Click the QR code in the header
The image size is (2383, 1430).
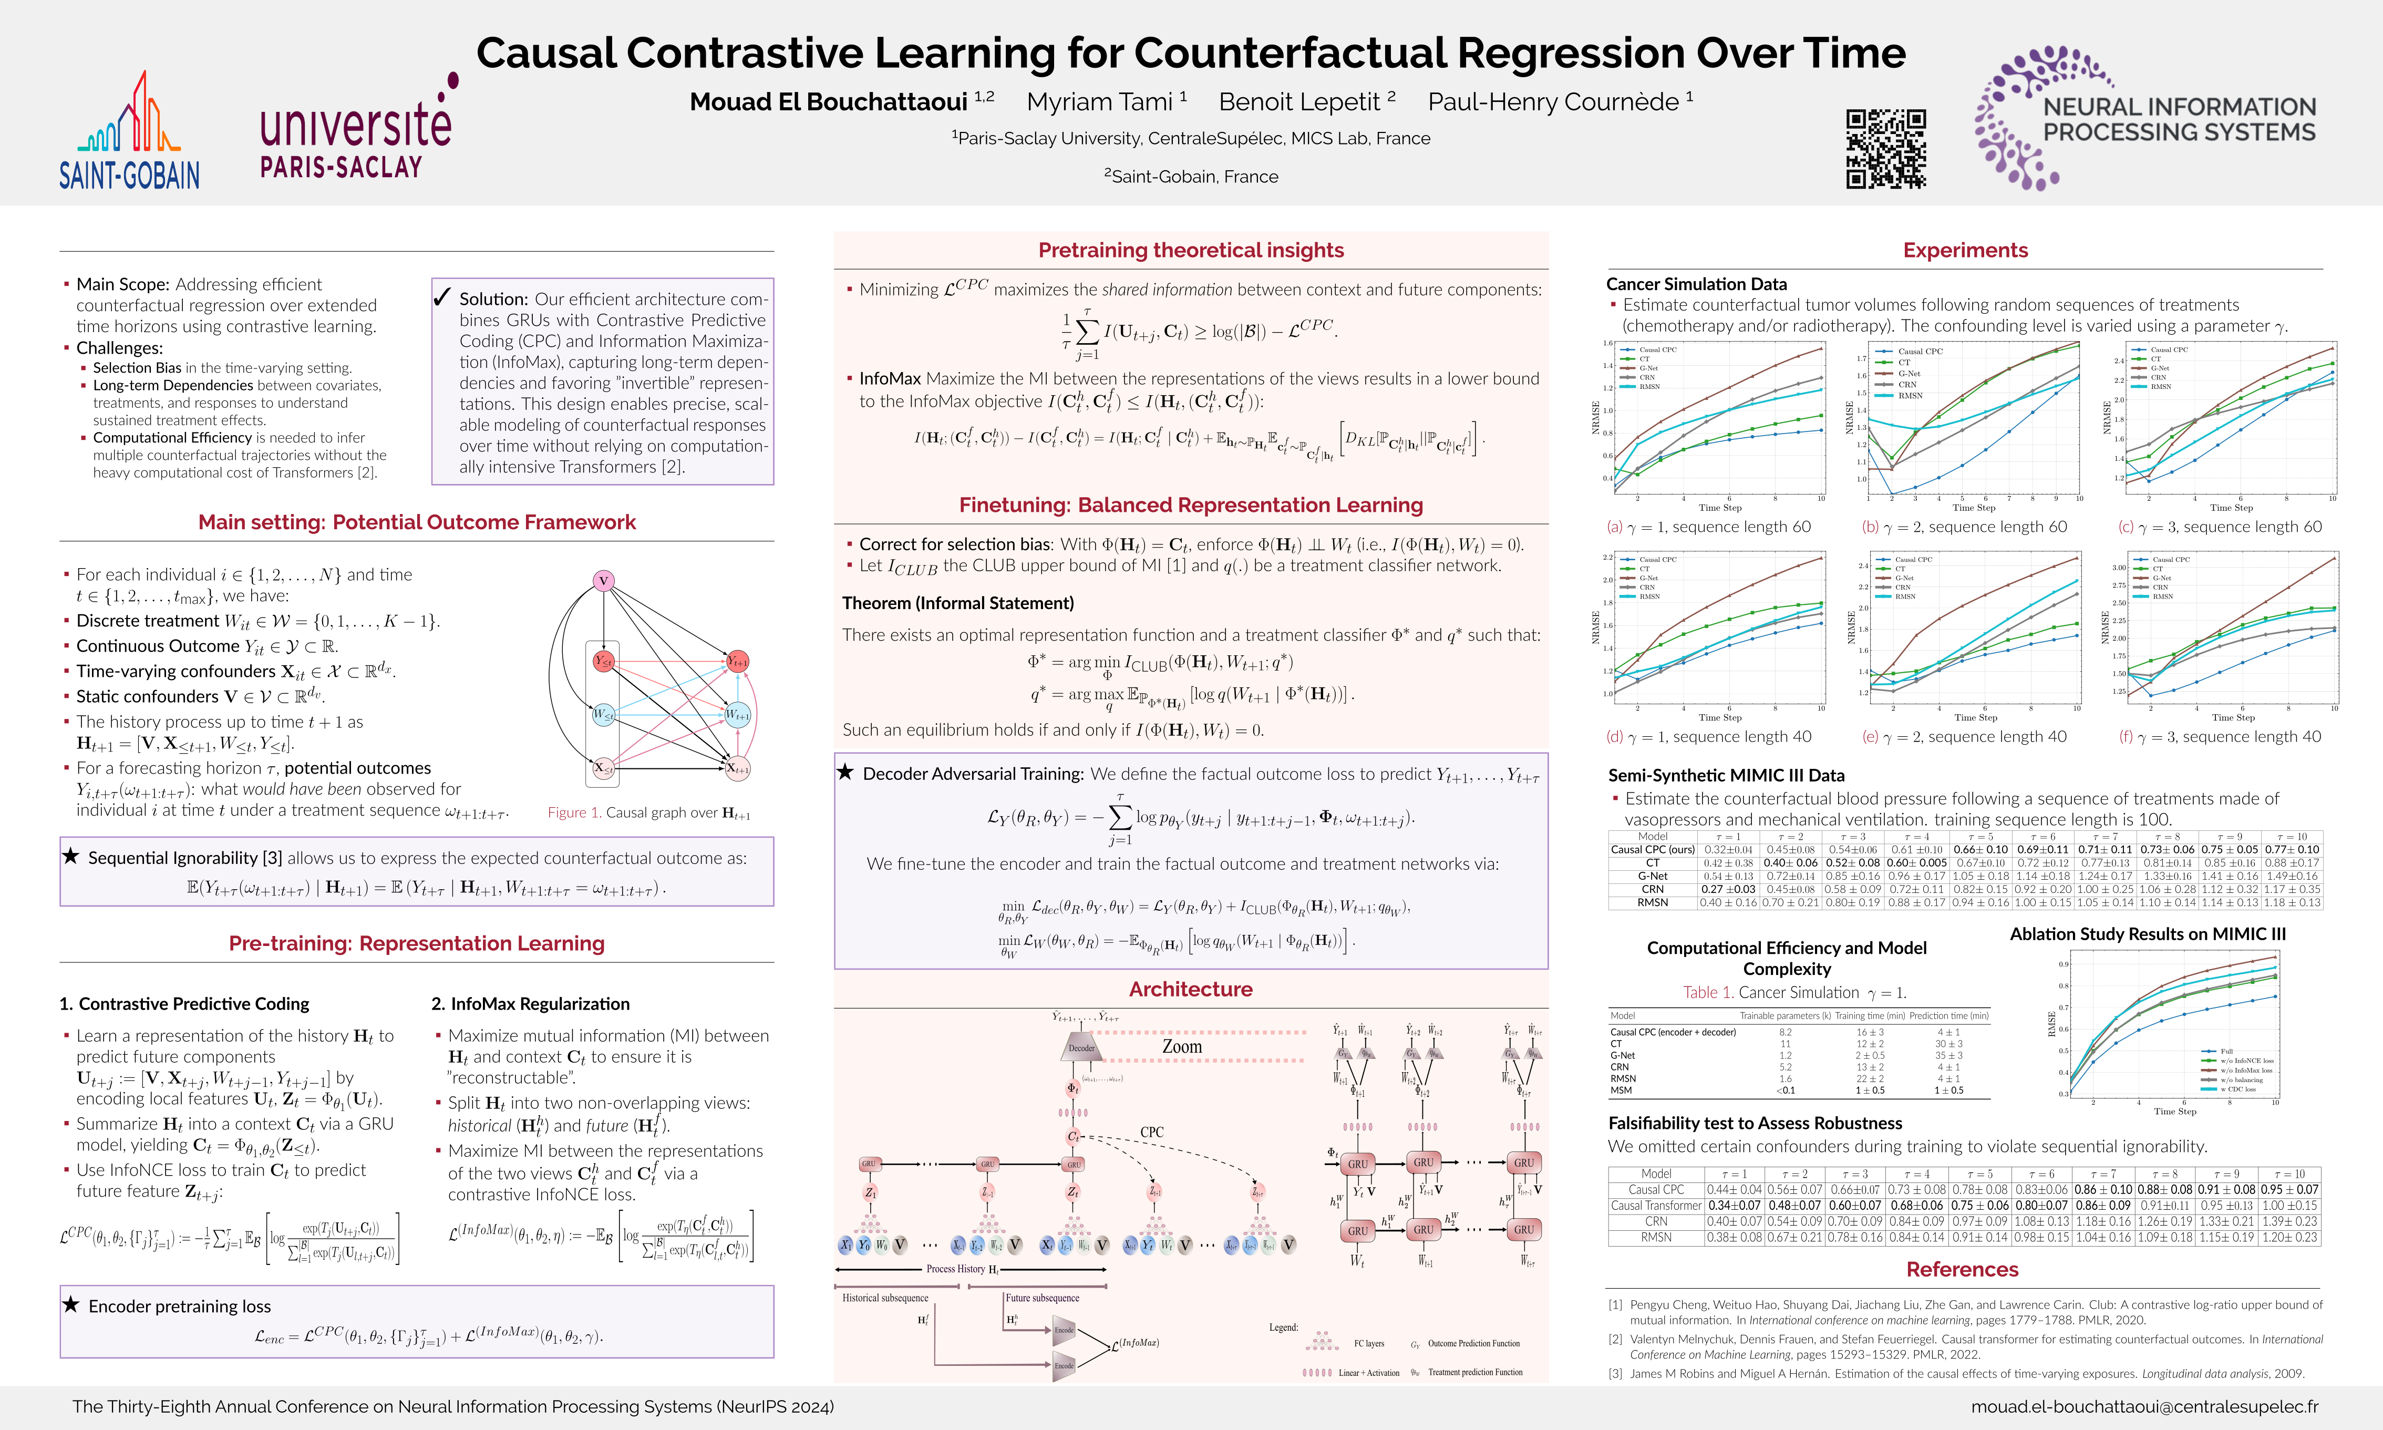click(x=1885, y=148)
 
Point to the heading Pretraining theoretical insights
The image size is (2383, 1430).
click(x=1191, y=251)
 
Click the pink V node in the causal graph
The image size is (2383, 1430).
click(x=603, y=580)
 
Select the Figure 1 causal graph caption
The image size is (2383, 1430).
click(x=648, y=812)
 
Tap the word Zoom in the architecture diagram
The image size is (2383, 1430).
click(x=1182, y=1046)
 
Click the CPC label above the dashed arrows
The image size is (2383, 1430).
click(x=1151, y=1132)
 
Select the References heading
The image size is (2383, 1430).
click(x=1962, y=1269)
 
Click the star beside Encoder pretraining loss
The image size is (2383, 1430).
click(x=70, y=1305)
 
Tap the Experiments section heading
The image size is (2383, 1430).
click(x=1965, y=251)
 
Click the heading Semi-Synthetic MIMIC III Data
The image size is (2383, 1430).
click(x=1726, y=776)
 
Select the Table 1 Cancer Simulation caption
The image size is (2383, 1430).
click(x=1793, y=993)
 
